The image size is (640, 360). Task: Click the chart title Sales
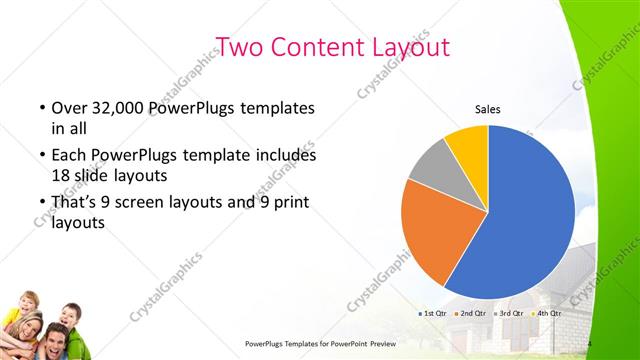[487, 110]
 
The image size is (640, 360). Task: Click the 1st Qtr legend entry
[433, 314]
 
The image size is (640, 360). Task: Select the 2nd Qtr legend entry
[471, 314]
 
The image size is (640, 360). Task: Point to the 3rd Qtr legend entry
[508, 314]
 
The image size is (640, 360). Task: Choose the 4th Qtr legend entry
[546, 314]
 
